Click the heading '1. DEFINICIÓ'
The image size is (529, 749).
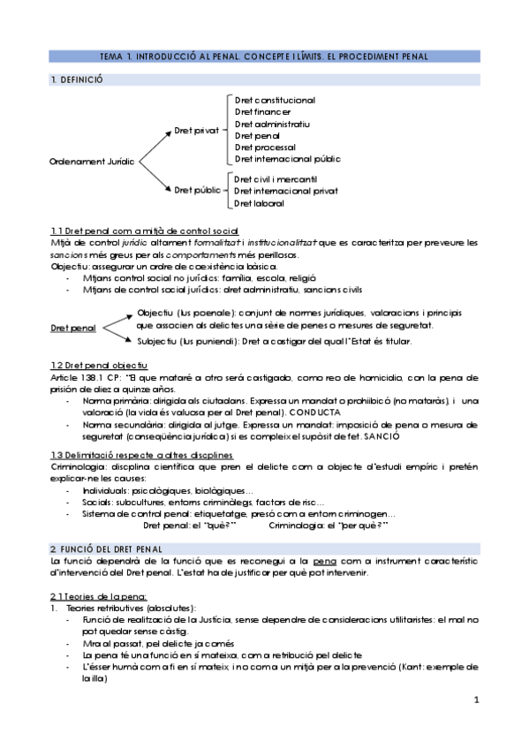pos(77,79)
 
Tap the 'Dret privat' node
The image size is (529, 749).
pos(195,130)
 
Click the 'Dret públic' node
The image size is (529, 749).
pos(197,189)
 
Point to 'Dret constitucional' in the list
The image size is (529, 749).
pos(275,101)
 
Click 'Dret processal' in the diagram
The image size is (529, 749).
pos(265,148)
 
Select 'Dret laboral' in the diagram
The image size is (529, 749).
pos(259,203)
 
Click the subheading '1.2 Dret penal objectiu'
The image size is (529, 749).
pos(99,365)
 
